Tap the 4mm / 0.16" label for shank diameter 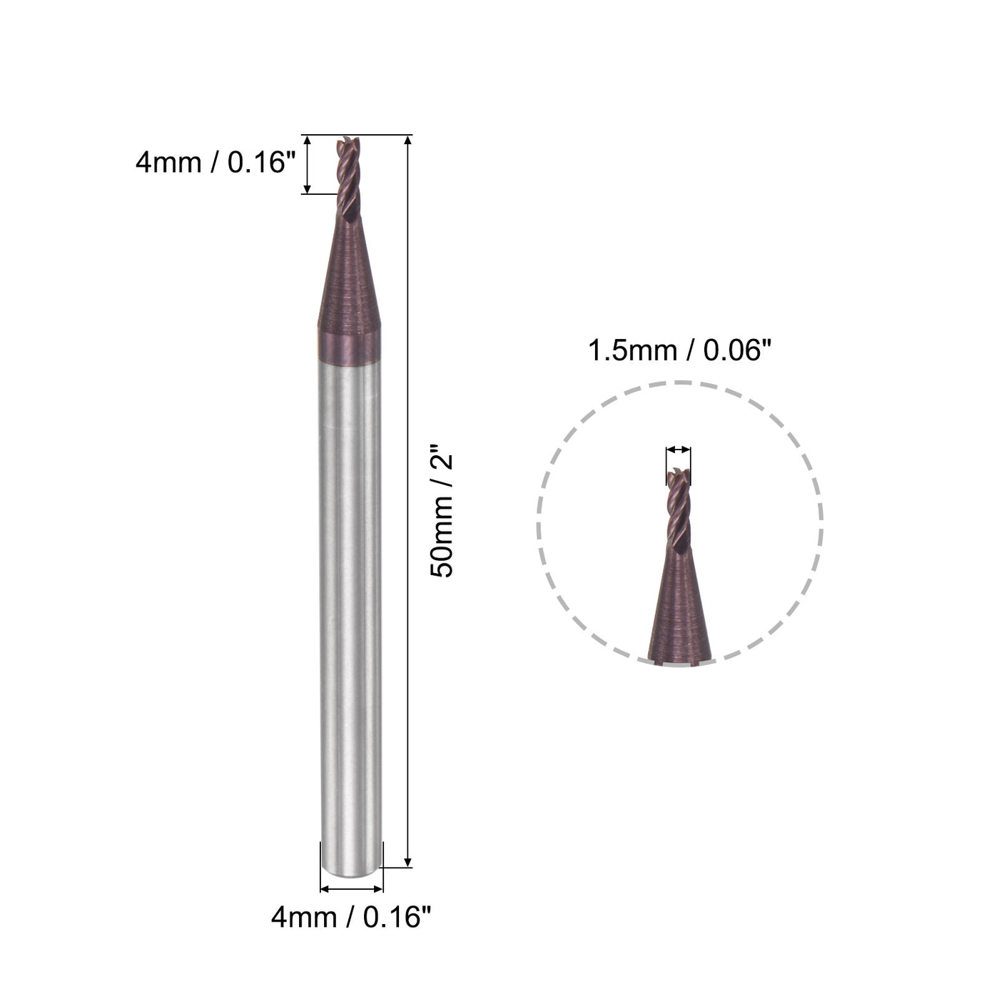tap(351, 917)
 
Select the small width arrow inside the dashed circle tap(679, 450)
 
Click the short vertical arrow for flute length tap(308, 164)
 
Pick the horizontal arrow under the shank tap(352, 889)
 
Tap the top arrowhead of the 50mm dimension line tap(407, 140)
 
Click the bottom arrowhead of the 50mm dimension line tap(407, 862)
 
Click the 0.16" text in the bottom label tap(397, 917)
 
